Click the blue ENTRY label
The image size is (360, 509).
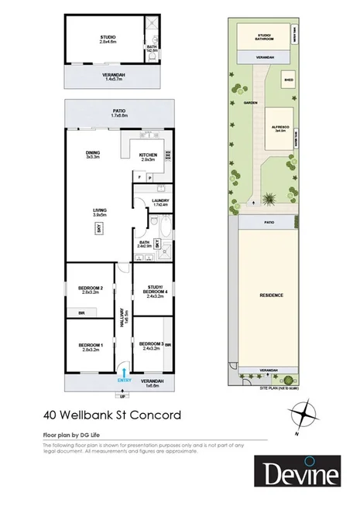125,380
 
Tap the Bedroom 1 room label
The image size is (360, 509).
90,347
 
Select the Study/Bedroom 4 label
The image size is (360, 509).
157,291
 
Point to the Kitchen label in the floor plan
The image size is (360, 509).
148,156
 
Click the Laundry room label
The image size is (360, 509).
160,203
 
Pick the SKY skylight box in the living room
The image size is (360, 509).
99,227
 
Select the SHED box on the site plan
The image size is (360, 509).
288,80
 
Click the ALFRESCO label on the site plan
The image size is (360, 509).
279,129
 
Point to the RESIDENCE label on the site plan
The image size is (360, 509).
272,295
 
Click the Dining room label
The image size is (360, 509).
93,155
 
